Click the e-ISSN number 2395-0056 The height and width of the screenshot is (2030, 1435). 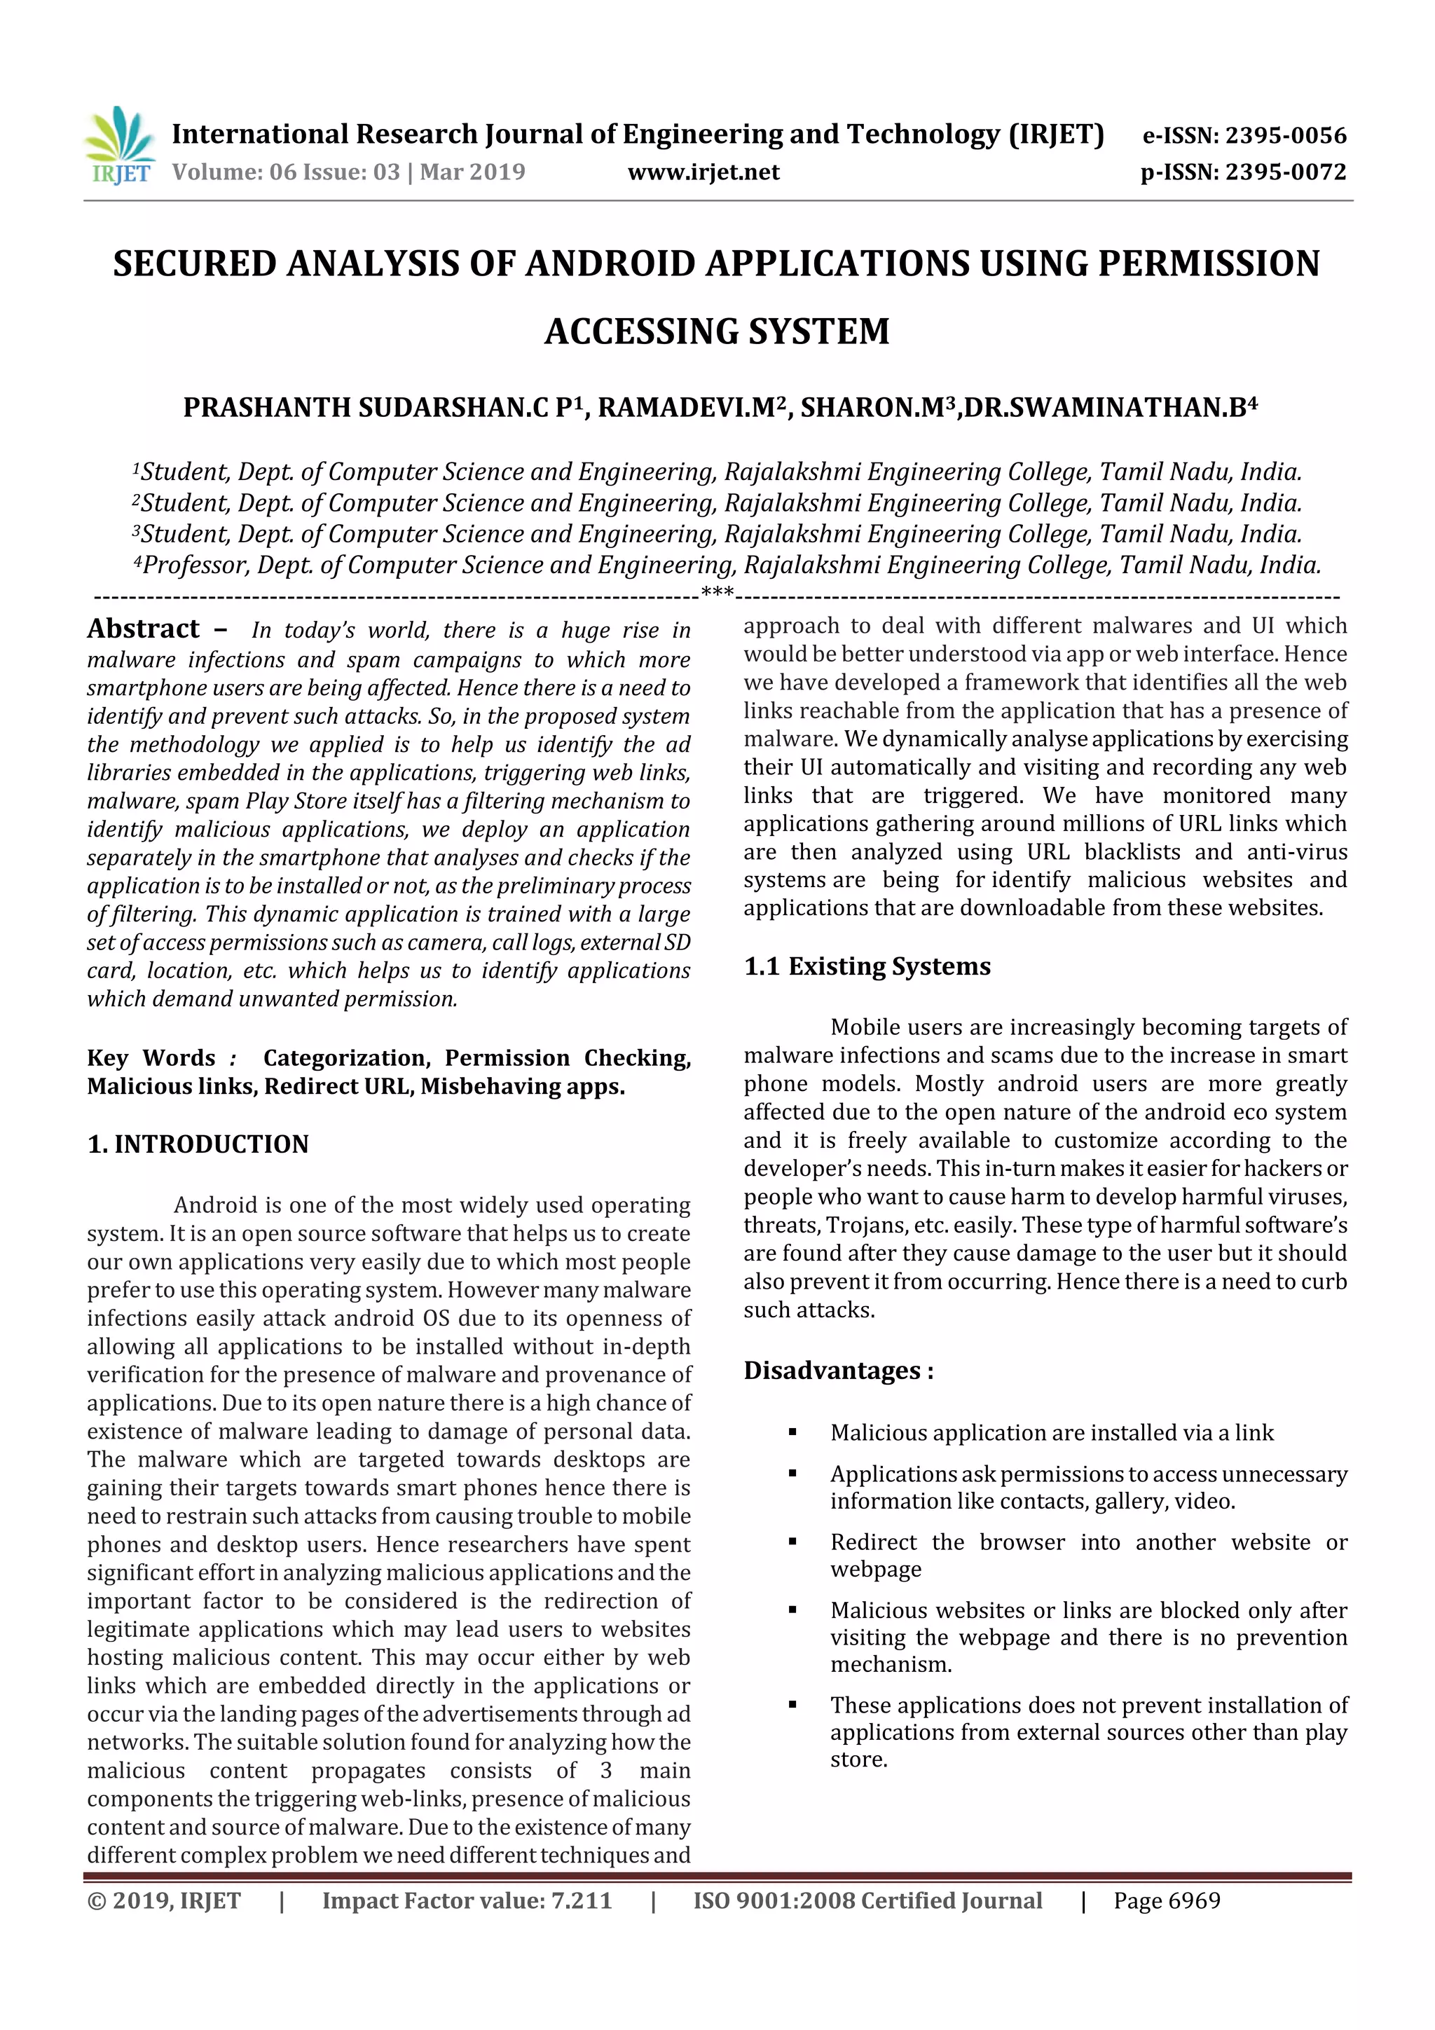(1284, 135)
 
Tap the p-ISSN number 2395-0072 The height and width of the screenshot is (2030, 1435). (1284, 172)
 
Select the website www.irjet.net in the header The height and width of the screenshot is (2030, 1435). (703, 172)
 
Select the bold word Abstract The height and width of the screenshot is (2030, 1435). (143, 629)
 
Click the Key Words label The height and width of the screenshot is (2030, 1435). (151, 1057)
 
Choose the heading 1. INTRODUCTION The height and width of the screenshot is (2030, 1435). (198, 1144)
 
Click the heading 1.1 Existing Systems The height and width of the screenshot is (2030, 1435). (867, 966)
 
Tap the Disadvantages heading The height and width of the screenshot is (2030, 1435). (837, 1371)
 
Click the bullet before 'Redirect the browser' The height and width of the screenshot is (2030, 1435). (792, 1542)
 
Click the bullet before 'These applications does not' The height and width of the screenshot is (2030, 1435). (792, 1705)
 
